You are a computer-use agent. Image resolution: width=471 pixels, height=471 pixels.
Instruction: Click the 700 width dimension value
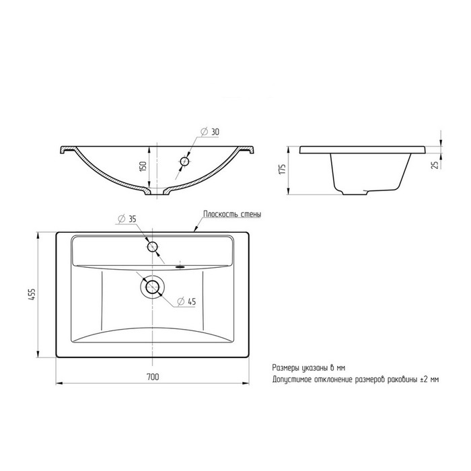(153, 376)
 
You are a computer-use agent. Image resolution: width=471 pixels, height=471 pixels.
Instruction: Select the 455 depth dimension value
(32, 295)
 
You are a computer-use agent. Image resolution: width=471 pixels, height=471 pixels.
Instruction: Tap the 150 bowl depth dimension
(143, 166)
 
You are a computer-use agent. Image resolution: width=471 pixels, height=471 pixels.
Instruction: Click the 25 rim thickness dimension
(435, 164)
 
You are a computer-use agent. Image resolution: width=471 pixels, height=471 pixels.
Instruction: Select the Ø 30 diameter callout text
(210, 132)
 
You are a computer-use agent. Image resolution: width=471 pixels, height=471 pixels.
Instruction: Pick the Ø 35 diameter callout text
(127, 219)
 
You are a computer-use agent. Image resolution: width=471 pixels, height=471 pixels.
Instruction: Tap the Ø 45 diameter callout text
(186, 301)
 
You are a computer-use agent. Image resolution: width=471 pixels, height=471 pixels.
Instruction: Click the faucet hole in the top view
(152, 247)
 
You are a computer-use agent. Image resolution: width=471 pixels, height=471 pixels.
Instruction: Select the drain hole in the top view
(152, 287)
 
